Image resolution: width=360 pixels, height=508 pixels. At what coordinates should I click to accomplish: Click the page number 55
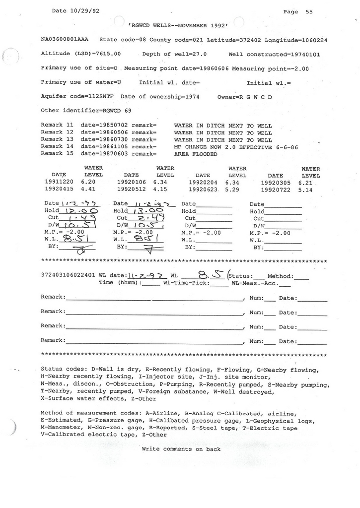coord(309,12)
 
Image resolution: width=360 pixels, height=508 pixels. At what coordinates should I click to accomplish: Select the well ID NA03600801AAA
coord(65,39)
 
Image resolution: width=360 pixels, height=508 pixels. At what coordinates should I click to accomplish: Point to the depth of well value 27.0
coord(198,54)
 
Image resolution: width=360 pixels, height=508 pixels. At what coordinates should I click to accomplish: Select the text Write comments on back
coord(181,449)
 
